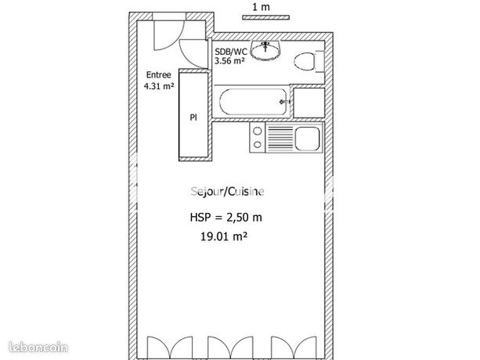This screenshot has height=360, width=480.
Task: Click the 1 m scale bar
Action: click(x=266, y=17)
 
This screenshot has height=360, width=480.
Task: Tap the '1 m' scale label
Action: click(x=261, y=7)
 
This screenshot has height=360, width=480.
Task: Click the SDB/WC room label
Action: click(x=231, y=51)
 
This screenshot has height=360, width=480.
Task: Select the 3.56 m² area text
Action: click(x=229, y=60)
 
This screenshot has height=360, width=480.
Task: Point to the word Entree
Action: click(x=159, y=75)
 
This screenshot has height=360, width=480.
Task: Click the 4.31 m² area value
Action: click(x=159, y=86)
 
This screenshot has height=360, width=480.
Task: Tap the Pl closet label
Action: click(x=193, y=117)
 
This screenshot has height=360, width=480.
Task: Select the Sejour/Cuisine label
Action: click(x=227, y=192)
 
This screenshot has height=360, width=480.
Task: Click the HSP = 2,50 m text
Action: click(x=226, y=217)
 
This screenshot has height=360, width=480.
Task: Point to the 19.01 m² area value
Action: click(x=224, y=236)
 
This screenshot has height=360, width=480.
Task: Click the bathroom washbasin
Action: click(x=265, y=50)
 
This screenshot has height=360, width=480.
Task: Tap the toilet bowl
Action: click(x=305, y=62)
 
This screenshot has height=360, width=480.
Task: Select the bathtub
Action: click(x=254, y=102)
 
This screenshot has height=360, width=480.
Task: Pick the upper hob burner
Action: click(x=258, y=131)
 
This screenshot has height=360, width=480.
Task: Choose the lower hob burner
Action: click(x=258, y=144)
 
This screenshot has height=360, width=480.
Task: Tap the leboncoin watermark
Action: click(x=38, y=347)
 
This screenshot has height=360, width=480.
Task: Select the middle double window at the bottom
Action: click(x=230, y=347)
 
